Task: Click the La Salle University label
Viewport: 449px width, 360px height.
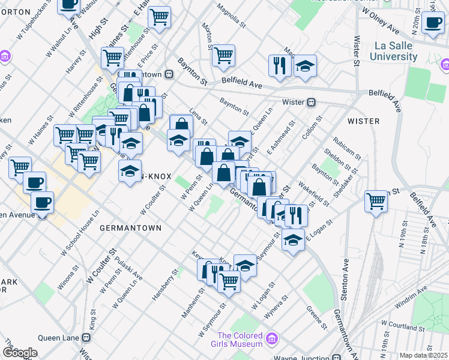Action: click(395, 52)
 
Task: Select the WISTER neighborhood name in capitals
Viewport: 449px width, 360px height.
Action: click(363, 121)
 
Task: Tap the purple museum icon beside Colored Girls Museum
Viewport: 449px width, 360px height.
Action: click(271, 340)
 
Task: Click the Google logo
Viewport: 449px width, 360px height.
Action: click(19, 353)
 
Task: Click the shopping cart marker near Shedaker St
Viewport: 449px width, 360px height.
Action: click(376, 201)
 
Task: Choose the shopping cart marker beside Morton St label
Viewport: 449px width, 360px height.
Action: click(223, 55)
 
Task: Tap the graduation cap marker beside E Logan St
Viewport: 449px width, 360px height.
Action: click(292, 239)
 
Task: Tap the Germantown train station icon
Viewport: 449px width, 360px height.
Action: click(169, 74)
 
